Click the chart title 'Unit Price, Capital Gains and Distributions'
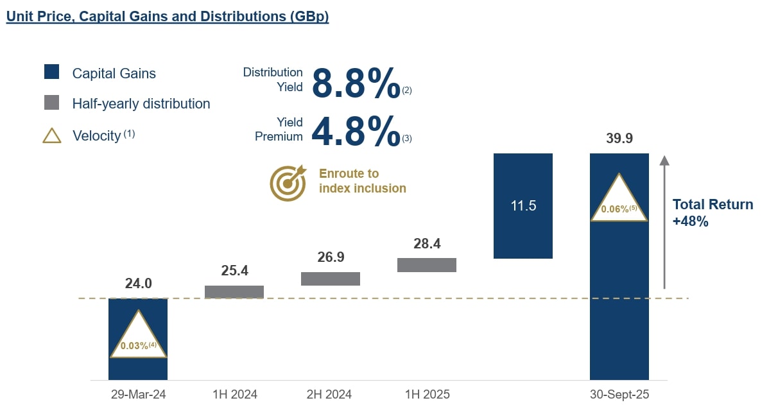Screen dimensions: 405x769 (167, 16)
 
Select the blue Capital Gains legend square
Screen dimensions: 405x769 (52, 72)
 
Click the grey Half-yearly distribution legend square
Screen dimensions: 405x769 (52, 103)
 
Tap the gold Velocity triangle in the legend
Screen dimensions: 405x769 (52, 135)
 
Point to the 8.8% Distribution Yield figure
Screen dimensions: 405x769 (356, 83)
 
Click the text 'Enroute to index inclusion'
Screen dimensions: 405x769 (362, 181)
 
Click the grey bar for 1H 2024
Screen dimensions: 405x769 (234, 292)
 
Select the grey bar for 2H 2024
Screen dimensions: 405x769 (331, 279)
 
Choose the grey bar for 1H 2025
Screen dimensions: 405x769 (427, 265)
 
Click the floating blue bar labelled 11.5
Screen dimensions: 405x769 (523, 206)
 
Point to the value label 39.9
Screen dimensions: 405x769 (619, 139)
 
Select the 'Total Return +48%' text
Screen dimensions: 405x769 (713, 213)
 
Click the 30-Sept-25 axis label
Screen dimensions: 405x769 (619, 394)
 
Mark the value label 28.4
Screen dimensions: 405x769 (427, 244)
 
